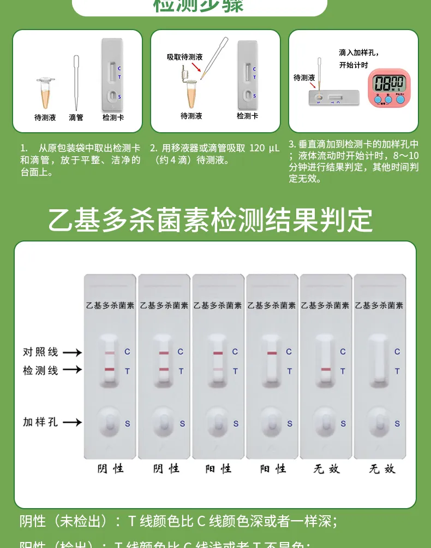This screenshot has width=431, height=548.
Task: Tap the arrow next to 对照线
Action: tap(71, 352)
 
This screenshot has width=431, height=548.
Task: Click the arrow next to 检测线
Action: tap(71, 370)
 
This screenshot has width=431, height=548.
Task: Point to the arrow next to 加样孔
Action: tap(71, 422)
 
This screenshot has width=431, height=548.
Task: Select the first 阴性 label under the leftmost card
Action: tap(110, 469)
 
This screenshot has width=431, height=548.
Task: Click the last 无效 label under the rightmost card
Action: tap(381, 469)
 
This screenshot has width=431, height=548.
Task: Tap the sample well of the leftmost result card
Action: tap(110, 423)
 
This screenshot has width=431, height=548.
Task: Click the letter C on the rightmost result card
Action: tap(397, 352)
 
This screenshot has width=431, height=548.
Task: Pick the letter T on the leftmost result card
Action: tap(127, 371)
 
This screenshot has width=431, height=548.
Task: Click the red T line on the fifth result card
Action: tap(326, 370)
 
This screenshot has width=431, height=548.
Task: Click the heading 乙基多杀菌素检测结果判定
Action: tap(211, 220)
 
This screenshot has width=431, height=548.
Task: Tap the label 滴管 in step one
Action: tap(76, 117)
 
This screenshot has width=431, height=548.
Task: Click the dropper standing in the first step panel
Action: tap(76, 82)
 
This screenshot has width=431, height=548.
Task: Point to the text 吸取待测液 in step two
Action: tap(184, 57)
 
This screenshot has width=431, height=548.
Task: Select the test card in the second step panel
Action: tap(247, 75)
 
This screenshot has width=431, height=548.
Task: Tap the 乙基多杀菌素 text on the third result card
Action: tap(218, 306)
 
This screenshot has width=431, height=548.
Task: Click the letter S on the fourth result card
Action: tap(289, 423)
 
